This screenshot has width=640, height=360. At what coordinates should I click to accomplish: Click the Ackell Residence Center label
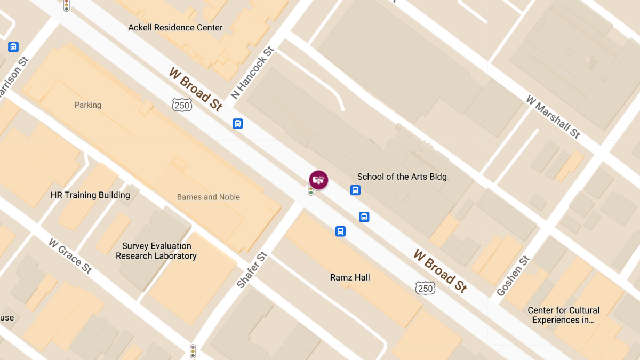point(175,27)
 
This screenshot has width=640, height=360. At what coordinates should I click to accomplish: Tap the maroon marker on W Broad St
point(318,180)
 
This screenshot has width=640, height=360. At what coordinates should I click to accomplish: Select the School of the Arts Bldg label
point(402,177)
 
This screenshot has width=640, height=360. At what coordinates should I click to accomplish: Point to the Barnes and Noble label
point(209,197)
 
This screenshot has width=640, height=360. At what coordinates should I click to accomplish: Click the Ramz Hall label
point(350,277)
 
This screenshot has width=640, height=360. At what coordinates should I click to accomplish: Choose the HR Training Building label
point(90,195)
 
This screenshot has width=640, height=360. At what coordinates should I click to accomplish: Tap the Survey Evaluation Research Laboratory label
point(156,251)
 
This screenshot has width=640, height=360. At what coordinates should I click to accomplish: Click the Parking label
point(88,105)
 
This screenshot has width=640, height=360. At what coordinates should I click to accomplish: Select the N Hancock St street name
point(252,73)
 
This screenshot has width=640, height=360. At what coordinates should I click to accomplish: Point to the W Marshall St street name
point(553,117)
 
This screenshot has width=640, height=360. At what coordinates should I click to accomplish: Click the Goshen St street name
point(513,276)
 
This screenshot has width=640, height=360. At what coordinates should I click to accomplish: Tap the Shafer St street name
point(252,270)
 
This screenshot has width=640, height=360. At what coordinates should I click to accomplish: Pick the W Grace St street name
point(70,255)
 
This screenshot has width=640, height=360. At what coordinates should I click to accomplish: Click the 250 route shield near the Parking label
point(182,105)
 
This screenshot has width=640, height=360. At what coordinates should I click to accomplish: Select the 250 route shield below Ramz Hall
point(425,289)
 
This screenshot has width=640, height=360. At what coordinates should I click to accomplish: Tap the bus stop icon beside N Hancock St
point(238,124)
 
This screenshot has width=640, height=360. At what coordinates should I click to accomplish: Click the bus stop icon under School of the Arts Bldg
point(355,190)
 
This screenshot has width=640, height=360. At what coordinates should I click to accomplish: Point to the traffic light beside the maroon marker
point(311,190)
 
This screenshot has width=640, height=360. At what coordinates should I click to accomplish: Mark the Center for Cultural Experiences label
point(563,315)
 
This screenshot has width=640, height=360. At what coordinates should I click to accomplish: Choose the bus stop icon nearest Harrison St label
point(13,47)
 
